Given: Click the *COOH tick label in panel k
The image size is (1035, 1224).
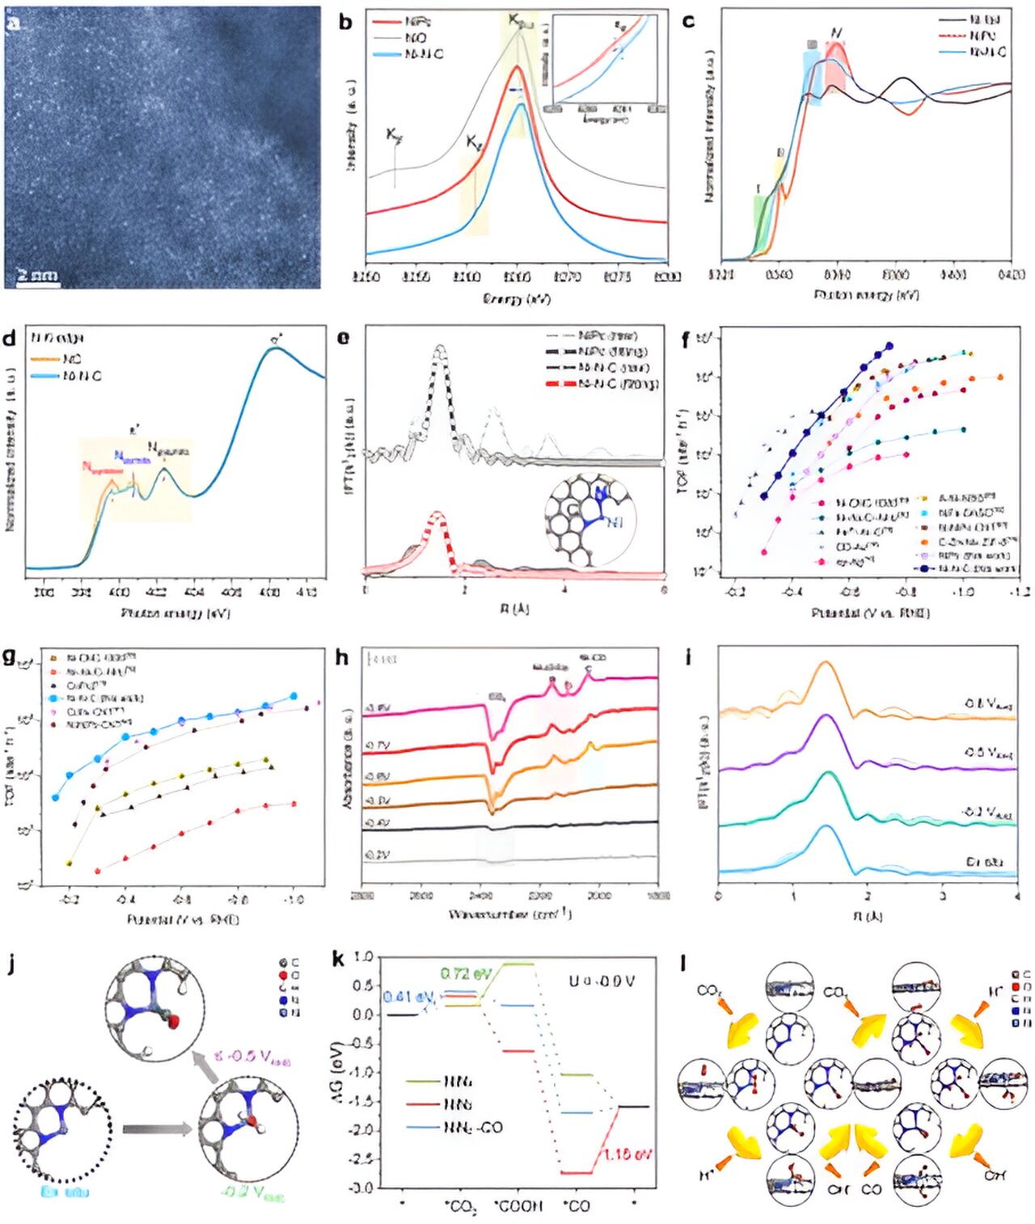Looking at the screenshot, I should (x=517, y=1205).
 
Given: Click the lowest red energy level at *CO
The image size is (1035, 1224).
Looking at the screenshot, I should (x=576, y=1172).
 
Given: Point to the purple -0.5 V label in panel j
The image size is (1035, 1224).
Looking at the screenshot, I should (x=251, y=1057).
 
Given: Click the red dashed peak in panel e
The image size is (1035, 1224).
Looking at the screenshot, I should (x=437, y=513).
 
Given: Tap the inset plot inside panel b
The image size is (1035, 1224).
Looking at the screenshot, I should (x=604, y=63).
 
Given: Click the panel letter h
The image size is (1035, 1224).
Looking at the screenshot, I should (x=341, y=657).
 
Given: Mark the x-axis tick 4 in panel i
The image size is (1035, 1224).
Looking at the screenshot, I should (x=1016, y=896).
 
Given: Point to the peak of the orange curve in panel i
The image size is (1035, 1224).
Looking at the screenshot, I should (x=826, y=662).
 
